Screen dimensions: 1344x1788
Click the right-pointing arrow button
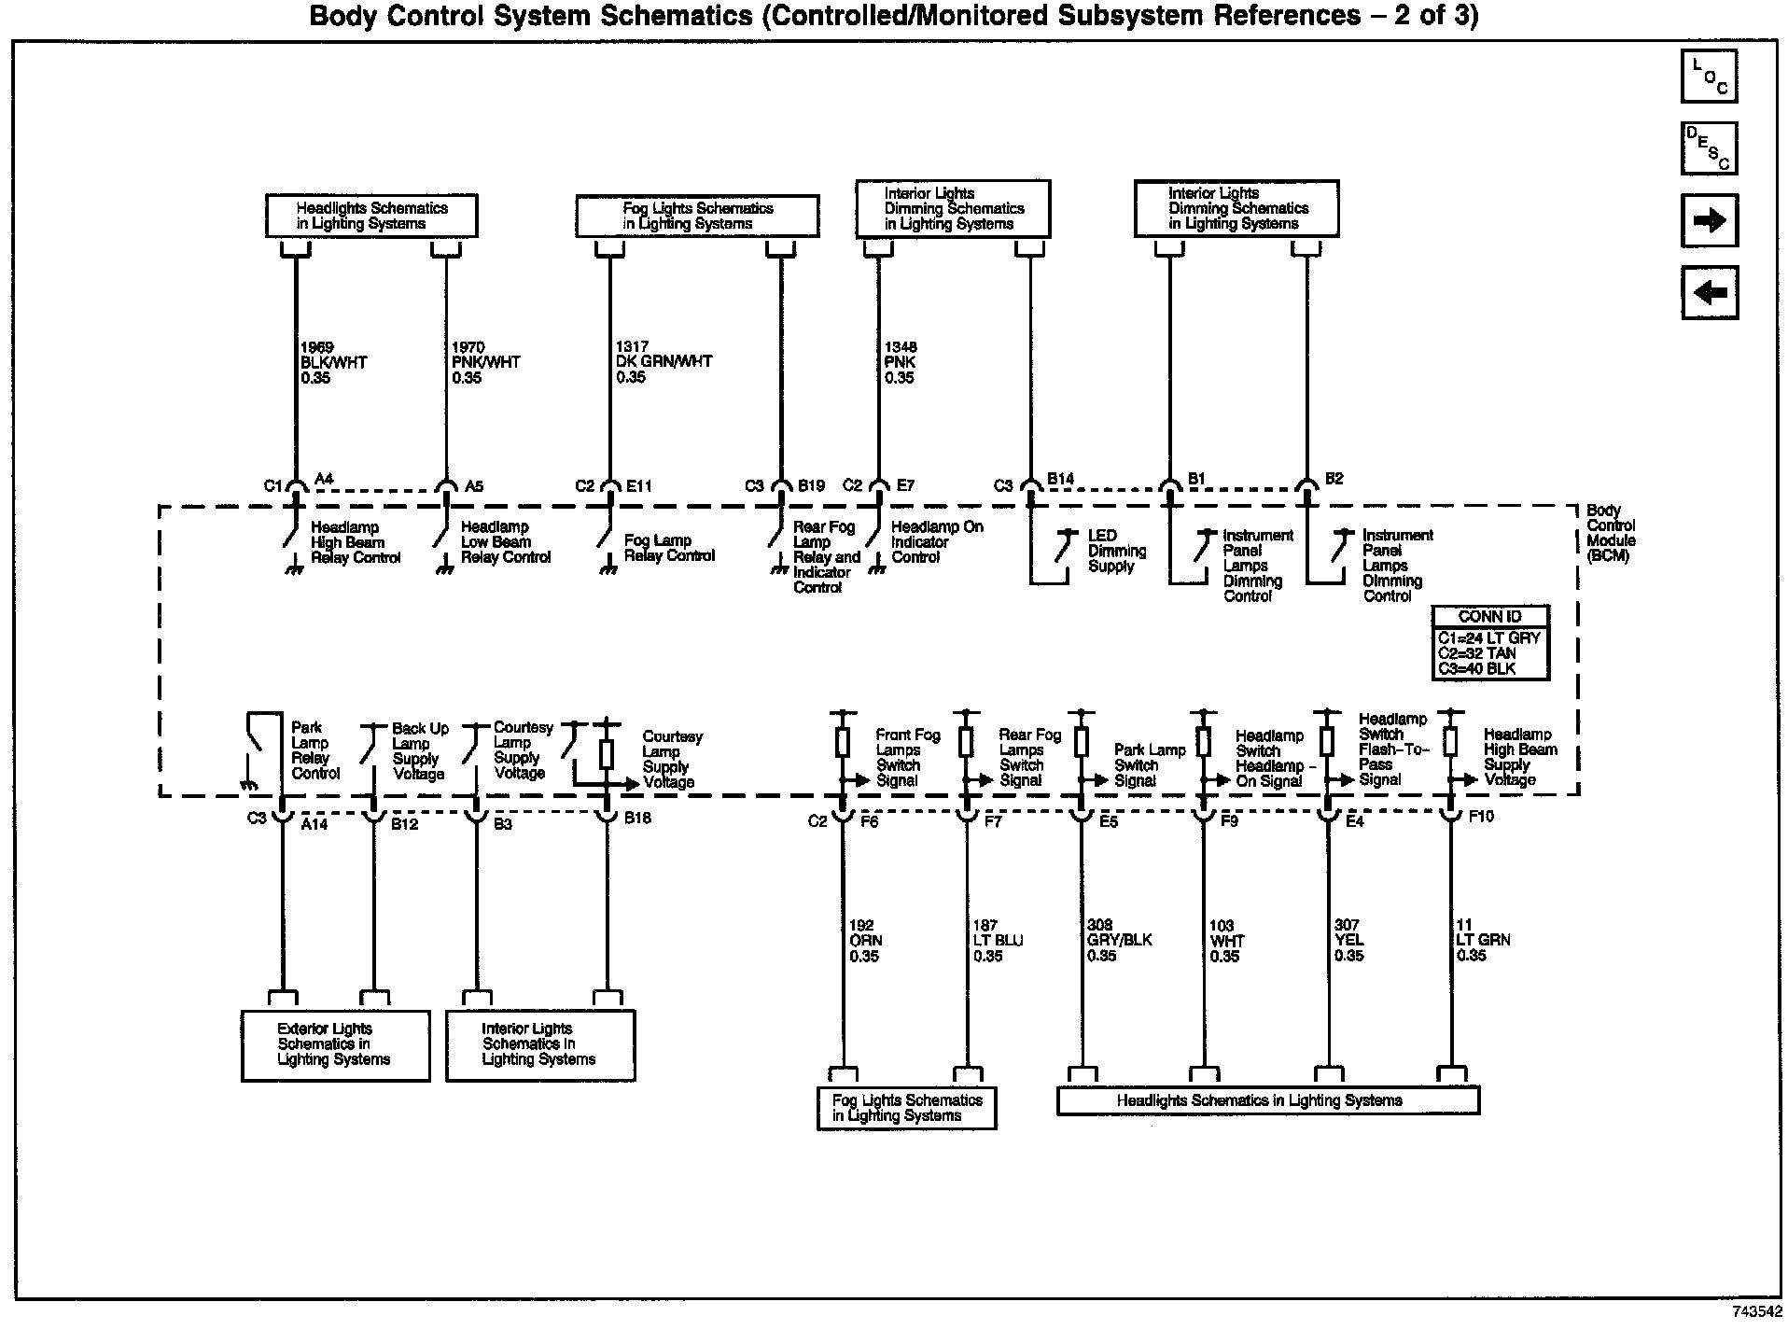[1709, 220]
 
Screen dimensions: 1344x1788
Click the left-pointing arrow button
[1709, 293]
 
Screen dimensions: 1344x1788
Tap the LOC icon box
[1709, 77]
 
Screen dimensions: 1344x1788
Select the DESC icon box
[1709, 148]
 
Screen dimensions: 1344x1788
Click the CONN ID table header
[1490, 617]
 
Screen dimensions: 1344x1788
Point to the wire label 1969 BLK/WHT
[333, 362]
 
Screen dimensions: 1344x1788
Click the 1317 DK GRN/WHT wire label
[664, 362]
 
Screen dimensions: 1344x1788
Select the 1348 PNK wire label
[901, 362]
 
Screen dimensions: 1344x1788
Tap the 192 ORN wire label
[865, 941]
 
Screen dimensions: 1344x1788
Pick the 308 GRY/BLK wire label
[1119, 941]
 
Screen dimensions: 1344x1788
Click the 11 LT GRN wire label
[1483, 941]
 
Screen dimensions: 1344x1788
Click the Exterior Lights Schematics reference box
[335, 1045]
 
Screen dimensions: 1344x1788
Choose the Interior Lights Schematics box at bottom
[540, 1045]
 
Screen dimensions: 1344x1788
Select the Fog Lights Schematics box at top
[697, 216]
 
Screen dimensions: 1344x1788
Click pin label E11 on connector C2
[639, 486]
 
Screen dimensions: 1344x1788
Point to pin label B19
[811, 486]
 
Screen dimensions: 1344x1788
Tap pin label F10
[1481, 817]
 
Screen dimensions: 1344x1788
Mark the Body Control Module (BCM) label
[1611, 533]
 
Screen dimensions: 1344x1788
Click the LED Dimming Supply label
[1116, 551]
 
